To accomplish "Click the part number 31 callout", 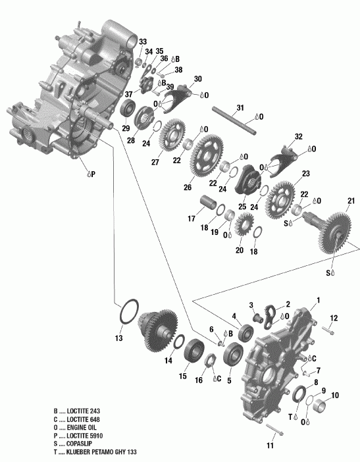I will pyautogui.click(x=240, y=108).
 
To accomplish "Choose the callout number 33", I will pyautogui.click(x=143, y=43).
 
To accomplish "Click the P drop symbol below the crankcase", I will pyautogui.click(x=87, y=174).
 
